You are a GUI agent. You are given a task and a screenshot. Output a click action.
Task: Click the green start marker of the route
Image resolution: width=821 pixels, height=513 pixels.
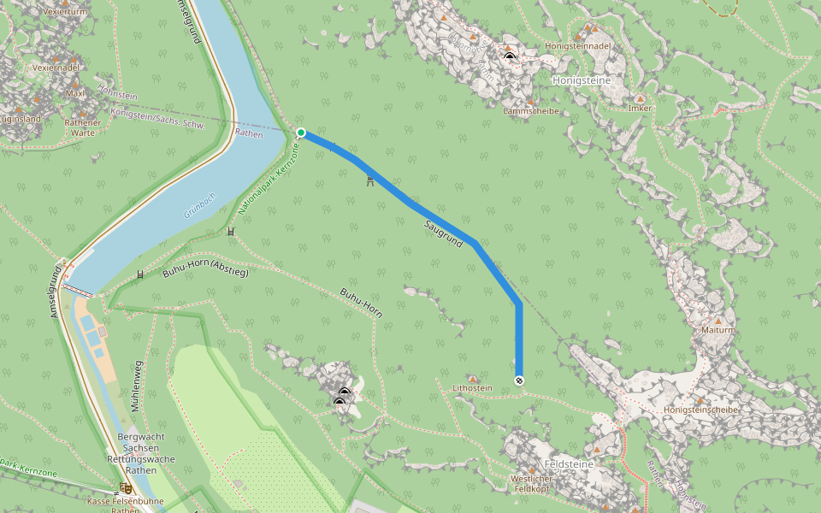point(301,133)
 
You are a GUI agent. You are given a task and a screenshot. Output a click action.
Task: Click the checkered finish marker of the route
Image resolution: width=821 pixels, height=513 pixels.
point(519,380)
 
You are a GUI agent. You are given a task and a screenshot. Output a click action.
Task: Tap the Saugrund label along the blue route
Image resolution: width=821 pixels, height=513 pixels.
point(443,234)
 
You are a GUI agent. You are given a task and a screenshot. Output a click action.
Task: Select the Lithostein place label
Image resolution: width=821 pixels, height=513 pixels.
point(472,388)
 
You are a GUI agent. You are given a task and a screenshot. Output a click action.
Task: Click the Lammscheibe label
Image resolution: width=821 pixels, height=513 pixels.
point(531,110)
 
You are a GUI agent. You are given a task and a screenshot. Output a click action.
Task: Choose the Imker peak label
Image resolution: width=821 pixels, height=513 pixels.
point(640,109)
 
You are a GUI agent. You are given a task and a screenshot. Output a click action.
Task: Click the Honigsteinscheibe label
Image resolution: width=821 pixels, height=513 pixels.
point(700,410)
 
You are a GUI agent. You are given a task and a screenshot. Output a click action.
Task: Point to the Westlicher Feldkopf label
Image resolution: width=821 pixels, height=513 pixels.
point(530,484)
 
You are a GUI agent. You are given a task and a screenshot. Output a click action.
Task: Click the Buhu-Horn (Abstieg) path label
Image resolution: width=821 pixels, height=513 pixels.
point(205,273)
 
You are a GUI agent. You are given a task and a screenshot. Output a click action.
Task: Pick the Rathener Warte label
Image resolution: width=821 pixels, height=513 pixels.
point(83,127)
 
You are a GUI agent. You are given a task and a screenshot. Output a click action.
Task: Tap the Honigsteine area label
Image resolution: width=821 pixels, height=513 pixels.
point(582,80)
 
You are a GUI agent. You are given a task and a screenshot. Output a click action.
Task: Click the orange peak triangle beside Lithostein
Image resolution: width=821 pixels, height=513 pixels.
point(472,378)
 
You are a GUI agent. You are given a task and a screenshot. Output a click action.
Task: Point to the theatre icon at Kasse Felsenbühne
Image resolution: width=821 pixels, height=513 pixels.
point(126,487)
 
